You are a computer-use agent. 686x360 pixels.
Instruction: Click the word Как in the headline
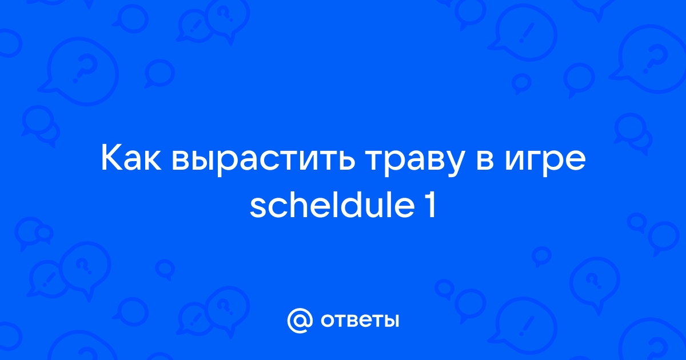click(x=131, y=159)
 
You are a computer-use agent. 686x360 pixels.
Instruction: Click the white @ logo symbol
click(x=300, y=321)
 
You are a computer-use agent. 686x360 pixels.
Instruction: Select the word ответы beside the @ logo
click(x=360, y=321)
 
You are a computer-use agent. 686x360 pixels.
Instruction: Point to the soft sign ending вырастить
click(x=345, y=161)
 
